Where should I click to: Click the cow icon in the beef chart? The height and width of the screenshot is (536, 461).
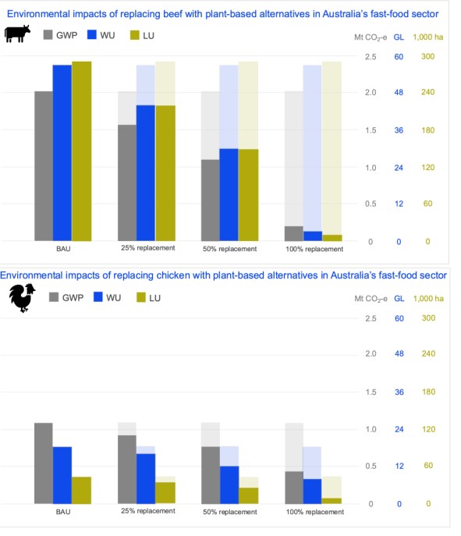click(x=17, y=34)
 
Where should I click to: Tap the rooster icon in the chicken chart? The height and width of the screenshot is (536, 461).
click(x=22, y=298)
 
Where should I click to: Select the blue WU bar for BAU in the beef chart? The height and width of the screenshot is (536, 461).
click(x=62, y=153)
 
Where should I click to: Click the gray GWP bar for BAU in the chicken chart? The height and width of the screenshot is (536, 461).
click(x=44, y=463)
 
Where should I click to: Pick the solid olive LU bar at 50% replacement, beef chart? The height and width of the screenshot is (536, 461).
click(x=249, y=195)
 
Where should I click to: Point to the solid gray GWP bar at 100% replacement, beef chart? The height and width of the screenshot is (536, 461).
click(x=294, y=233)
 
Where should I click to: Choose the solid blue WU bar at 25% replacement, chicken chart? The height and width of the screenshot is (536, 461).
click(x=146, y=478)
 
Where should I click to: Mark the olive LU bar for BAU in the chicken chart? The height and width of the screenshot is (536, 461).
click(x=81, y=490)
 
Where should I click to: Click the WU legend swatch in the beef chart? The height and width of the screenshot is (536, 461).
click(x=92, y=34)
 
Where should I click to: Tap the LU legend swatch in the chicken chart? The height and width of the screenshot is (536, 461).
click(x=141, y=297)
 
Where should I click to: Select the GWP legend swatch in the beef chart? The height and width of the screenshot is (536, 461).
click(x=48, y=34)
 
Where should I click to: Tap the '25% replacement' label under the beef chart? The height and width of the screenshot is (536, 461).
click(x=148, y=248)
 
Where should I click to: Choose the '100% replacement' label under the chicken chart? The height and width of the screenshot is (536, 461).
click(x=314, y=512)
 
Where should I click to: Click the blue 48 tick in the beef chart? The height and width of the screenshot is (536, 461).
click(x=399, y=92)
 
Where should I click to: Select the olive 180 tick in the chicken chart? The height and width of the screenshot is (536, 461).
click(x=428, y=392)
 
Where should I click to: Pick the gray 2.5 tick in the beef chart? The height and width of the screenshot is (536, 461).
click(x=371, y=57)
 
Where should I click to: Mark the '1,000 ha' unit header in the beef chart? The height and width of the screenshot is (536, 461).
click(x=428, y=37)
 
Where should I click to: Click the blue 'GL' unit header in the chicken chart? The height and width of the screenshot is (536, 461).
click(x=399, y=298)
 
